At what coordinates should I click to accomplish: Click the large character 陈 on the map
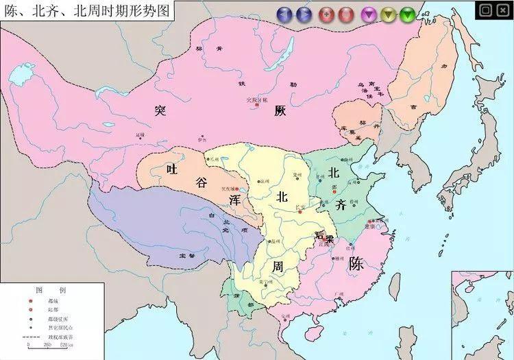[x=356, y=263]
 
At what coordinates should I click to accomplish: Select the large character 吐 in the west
[x=171, y=168]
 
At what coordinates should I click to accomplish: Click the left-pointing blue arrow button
[x=284, y=13]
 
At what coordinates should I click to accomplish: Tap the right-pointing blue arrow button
[x=303, y=13]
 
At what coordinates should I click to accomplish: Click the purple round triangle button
[x=369, y=13]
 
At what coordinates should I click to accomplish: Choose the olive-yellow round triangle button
[x=389, y=13]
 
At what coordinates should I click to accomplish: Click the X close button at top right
[x=502, y=10]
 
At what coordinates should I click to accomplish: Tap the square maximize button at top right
[x=486, y=10]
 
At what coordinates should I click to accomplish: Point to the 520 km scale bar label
[x=66, y=345]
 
